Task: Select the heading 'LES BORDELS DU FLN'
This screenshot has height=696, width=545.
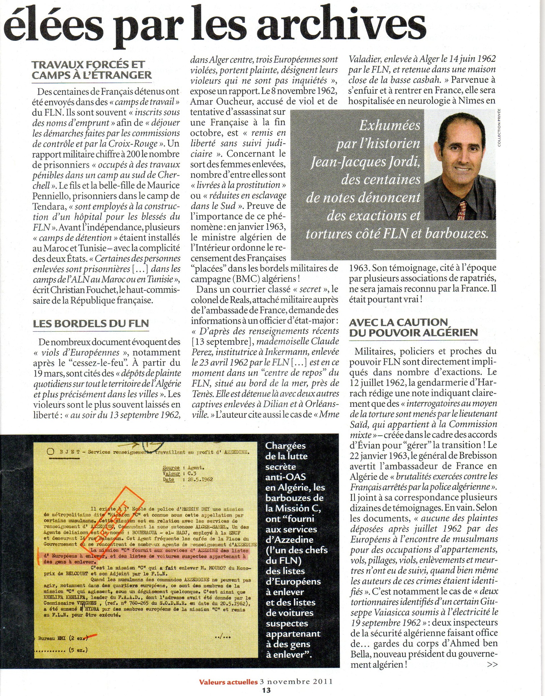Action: tap(91, 324)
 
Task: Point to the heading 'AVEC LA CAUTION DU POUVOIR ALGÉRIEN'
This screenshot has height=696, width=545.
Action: tap(413, 327)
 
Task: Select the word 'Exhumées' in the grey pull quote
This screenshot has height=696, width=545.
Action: tap(389, 125)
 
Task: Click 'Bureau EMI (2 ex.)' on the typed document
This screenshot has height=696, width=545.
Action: tap(62, 638)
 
